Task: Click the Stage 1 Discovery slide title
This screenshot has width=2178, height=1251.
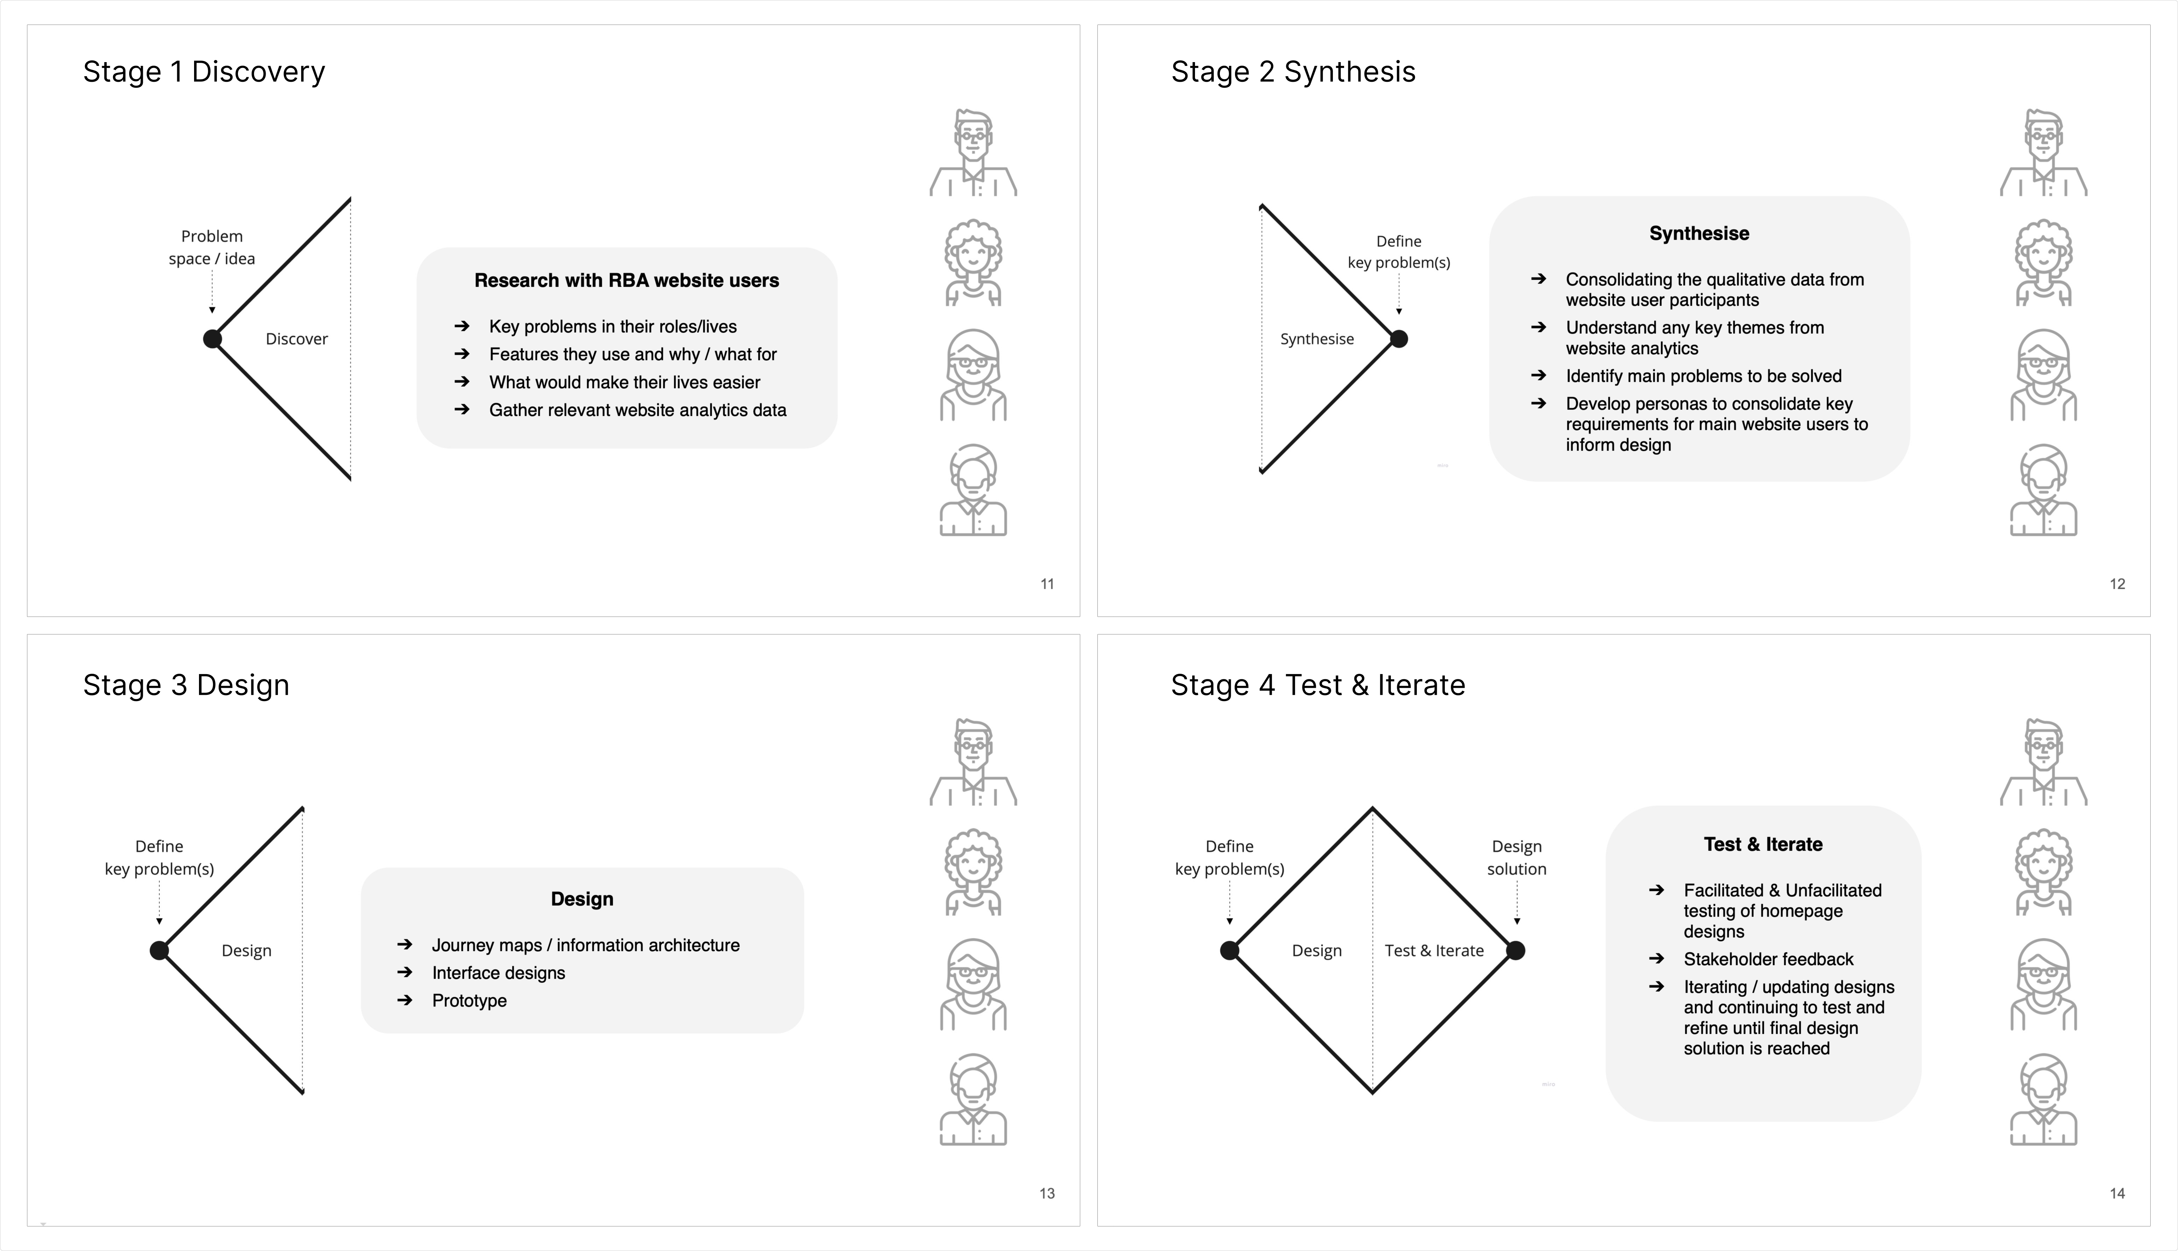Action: tap(204, 72)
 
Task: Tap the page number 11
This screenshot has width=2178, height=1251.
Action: tap(1047, 584)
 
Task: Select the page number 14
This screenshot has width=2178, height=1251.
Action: tap(2117, 1193)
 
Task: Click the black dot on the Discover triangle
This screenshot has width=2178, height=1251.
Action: tap(212, 339)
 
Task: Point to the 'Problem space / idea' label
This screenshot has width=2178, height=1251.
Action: tap(211, 247)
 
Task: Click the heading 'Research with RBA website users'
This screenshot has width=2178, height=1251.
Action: tap(626, 281)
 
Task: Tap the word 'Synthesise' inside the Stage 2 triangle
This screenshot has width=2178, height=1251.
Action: tap(1316, 339)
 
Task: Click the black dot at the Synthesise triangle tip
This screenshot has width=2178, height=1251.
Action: tap(1399, 339)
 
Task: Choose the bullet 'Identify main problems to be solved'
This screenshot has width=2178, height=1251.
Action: tap(1703, 376)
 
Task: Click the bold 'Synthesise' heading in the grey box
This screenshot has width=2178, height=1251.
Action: tap(1699, 234)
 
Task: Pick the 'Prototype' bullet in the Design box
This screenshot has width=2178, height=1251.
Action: tap(469, 1001)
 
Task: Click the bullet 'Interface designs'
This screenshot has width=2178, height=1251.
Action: tap(498, 973)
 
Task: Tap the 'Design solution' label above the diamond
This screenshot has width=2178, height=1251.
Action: tap(1516, 858)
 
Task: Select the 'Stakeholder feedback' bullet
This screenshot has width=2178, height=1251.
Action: tap(1768, 960)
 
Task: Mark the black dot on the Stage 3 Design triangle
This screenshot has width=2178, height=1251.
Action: tap(159, 950)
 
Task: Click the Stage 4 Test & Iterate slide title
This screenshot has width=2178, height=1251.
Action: tap(1317, 686)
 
